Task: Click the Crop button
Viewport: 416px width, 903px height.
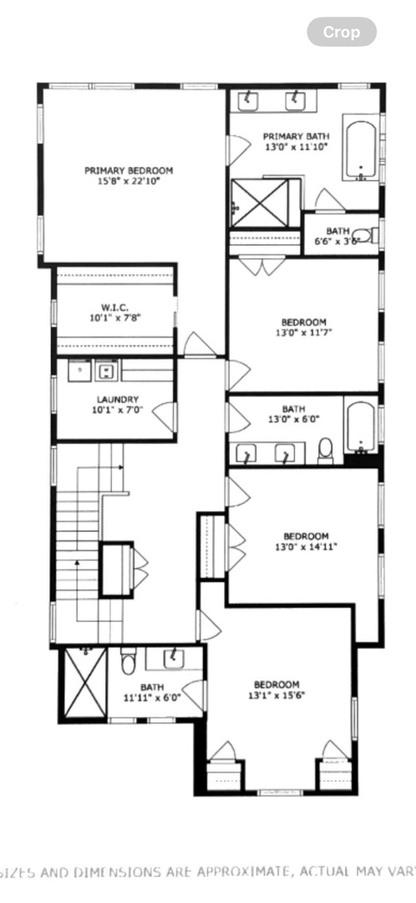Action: click(x=342, y=33)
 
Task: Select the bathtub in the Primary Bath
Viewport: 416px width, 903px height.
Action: click(x=362, y=151)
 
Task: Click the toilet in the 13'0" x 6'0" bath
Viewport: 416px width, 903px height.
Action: click(x=326, y=451)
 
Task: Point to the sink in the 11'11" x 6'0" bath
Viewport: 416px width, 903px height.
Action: click(x=173, y=658)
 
